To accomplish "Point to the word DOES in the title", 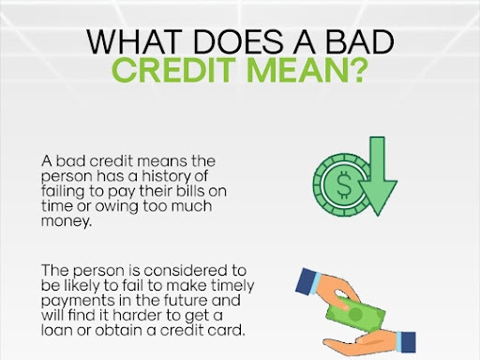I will click(x=231, y=44).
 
